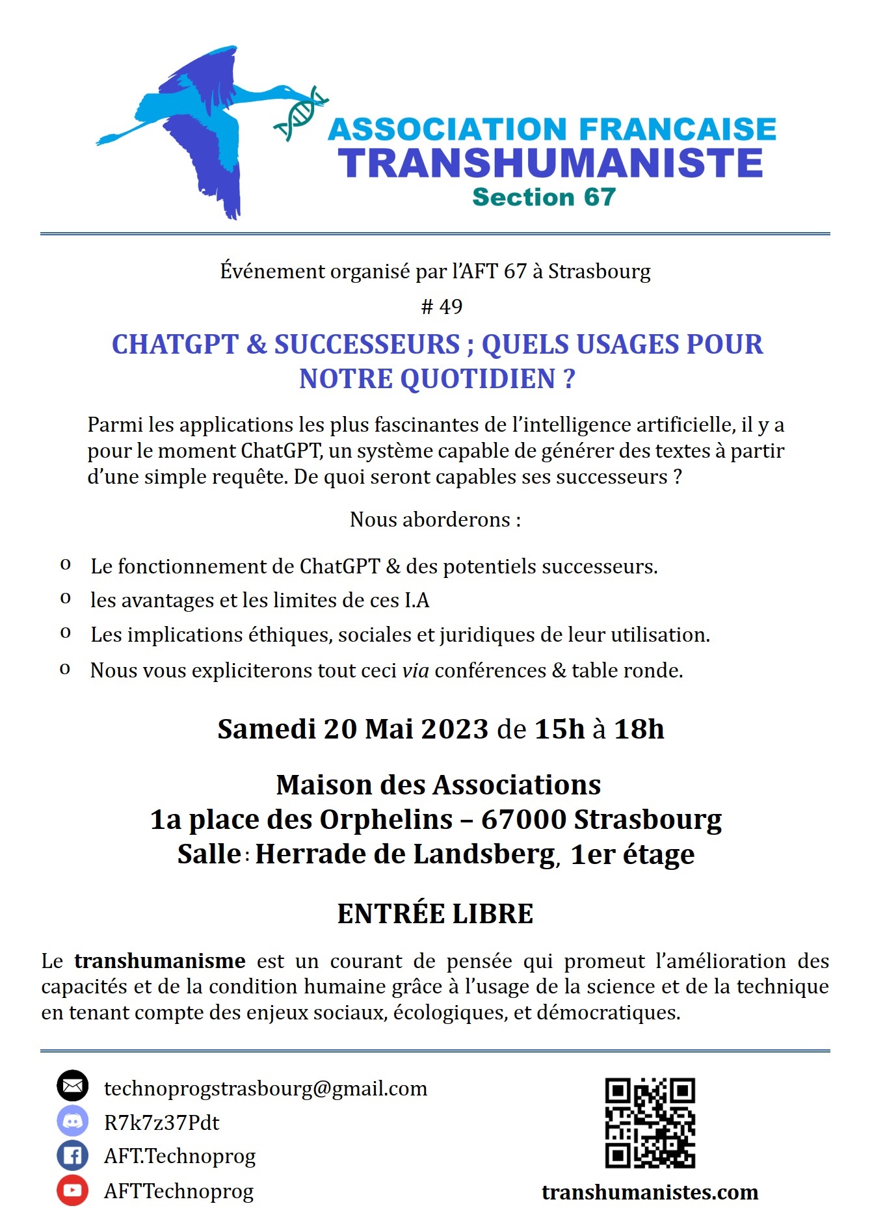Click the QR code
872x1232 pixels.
coord(650,1122)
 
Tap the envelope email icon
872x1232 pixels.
coord(72,1086)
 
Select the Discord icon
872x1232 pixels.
coord(72,1121)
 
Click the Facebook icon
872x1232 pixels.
coord(72,1156)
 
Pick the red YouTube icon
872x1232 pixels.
coord(72,1190)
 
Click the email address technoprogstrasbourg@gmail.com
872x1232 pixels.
coord(265,1088)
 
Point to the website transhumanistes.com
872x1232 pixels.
coord(650,1192)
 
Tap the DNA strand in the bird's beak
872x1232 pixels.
coord(300,112)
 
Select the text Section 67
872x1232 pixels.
coord(544,197)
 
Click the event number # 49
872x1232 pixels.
coord(442,306)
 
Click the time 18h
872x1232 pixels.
coord(639,729)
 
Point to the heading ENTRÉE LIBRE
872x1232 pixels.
coord(435,913)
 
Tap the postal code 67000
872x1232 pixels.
coord(523,819)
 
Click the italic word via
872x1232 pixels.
coord(416,670)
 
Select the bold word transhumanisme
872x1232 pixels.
coord(160,960)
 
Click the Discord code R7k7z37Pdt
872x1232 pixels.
coord(162,1123)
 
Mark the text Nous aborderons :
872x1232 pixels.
coord(435,519)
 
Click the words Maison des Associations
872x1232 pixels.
coord(438,785)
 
